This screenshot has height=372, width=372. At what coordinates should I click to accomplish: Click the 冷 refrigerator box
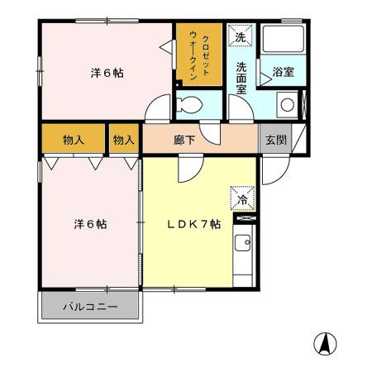point(243,198)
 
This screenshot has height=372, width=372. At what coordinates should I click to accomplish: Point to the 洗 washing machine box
point(240,37)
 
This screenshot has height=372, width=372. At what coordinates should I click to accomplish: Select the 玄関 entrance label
point(276,140)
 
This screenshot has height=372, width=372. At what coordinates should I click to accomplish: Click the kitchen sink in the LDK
point(243,246)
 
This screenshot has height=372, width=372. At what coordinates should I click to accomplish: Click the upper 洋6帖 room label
point(107,73)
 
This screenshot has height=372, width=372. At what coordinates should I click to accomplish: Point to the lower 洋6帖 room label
point(89,224)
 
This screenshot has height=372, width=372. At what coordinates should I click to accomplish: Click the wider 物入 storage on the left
point(74,140)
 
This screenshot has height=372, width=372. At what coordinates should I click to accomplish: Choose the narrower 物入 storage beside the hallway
point(123,140)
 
